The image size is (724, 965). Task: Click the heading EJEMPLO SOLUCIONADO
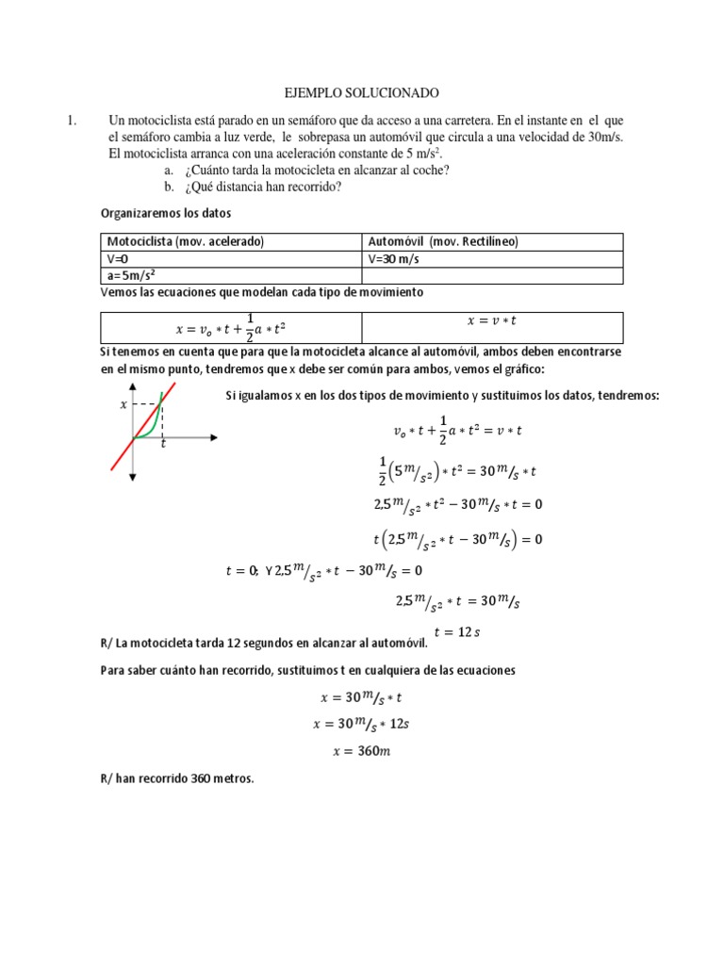pyautogui.click(x=362, y=93)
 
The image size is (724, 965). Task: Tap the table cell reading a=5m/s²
pyautogui.click(x=133, y=275)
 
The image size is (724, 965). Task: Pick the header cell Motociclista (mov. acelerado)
pyautogui.click(x=186, y=242)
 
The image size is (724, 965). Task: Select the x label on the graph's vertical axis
pyautogui.click(x=123, y=404)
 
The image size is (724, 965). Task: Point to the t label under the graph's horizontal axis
pyautogui.click(x=162, y=444)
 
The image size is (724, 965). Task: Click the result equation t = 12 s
pyautogui.click(x=456, y=631)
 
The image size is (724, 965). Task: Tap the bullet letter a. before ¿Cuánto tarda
pyautogui.click(x=169, y=170)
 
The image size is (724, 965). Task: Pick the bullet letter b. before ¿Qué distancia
pyautogui.click(x=169, y=186)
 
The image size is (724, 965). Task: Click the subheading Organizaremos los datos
pyautogui.click(x=165, y=214)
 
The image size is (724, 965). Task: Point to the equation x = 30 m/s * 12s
pyautogui.click(x=362, y=724)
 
